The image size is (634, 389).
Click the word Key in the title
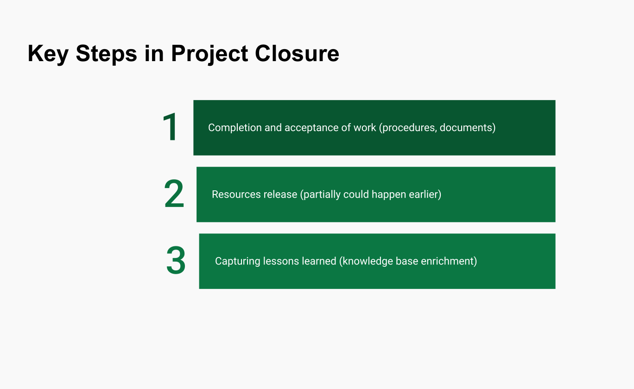[x=48, y=54]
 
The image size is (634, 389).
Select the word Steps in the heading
[x=107, y=54]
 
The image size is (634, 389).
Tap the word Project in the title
[x=210, y=54]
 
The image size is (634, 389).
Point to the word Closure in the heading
[x=297, y=53]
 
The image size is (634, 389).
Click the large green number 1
[x=171, y=127]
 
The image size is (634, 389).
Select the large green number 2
[x=174, y=194]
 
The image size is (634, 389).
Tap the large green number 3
[x=176, y=261]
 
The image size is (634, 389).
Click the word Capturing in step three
[x=237, y=261]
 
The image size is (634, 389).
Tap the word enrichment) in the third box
[x=449, y=261]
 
